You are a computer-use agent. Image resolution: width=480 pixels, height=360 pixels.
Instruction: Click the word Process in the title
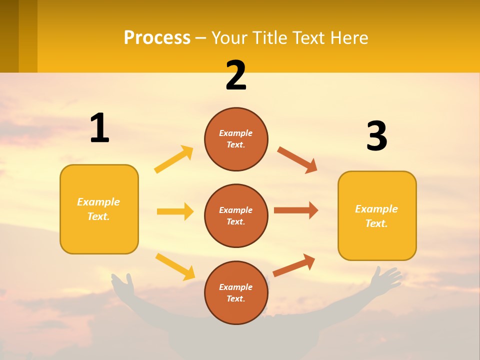pos(157,38)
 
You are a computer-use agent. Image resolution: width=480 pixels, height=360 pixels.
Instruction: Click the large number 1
pos(99,128)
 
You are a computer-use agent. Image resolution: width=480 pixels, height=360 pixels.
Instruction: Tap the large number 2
pos(236,75)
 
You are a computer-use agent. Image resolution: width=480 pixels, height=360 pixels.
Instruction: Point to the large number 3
pos(376,136)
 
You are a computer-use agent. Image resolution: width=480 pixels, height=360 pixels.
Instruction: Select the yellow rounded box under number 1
pos(99,209)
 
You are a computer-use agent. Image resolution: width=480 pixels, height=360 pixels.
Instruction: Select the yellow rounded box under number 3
pos(377,216)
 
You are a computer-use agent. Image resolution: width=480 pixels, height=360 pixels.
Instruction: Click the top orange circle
pos(236,139)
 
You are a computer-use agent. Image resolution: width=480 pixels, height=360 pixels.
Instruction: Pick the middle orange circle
pos(236,216)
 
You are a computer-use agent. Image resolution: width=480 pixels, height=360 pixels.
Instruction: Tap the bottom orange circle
pos(236,293)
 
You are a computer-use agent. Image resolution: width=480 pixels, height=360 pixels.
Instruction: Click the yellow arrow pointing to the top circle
pos(174,159)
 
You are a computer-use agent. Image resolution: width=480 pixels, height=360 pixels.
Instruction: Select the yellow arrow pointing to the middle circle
pos(175,211)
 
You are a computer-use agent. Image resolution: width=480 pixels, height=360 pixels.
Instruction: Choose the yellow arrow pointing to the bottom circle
pos(175,266)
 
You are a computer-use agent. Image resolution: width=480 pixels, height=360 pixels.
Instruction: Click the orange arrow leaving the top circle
pos(297,159)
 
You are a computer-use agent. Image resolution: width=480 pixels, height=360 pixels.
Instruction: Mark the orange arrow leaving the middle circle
pos(296,210)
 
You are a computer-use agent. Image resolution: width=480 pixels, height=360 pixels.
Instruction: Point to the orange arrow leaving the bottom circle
pos(294,265)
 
